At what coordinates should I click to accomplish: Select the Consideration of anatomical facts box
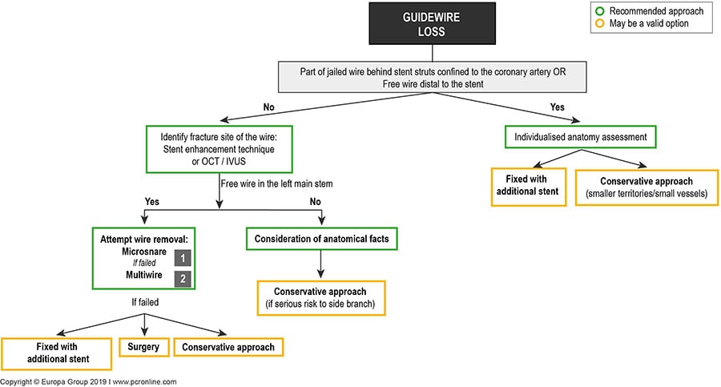321,239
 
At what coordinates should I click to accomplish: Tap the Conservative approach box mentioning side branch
321,296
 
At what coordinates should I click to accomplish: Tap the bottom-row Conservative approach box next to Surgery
228,348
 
